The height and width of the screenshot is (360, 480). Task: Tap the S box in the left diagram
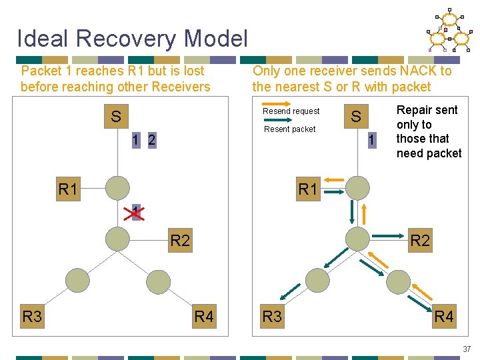pyautogui.click(x=116, y=117)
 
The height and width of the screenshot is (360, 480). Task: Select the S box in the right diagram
pyautogui.click(x=356, y=117)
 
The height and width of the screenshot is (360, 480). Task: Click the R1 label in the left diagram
pyautogui.click(x=68, y=189)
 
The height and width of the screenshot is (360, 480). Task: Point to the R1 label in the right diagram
pyautogui.click(x=308, y=189)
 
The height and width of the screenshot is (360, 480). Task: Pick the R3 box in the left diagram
pyautogui.click(x=32, y=316)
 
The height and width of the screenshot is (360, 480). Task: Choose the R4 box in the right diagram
pyautogui.click(x=444, y=316)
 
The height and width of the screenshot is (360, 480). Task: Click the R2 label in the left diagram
pyautogui.click(x=180, y=240)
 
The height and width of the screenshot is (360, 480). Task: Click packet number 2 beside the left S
pyautogui.click(x=152, y=140)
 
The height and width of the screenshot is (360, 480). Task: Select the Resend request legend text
pyautogui.click(x=291, y=111)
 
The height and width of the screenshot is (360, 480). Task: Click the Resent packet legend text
pyautogui.click(x=290, y=129)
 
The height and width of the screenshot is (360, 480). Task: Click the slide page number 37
pyautogui.click(x=466, y=349)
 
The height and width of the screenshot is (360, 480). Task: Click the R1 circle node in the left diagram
pyautogui.click(x=117, y=189)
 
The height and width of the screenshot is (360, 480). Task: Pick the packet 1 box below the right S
pyautogui.click(x=372, y=140)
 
